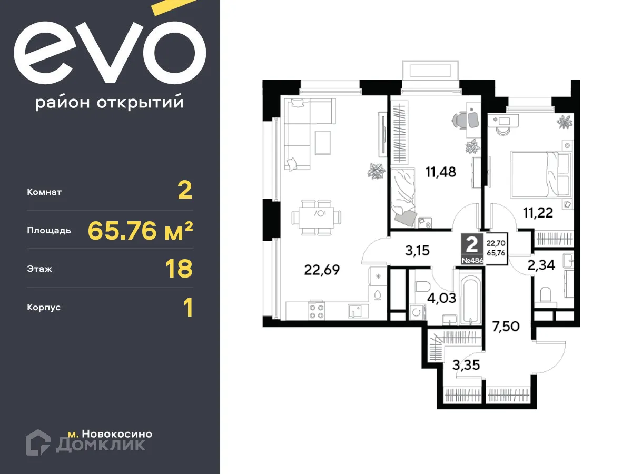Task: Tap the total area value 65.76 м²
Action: [x=140, y=230]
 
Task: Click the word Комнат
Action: [x=44, y=192]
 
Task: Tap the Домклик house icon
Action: [x=38, y=442]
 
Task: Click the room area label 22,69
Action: [x=322, y=270]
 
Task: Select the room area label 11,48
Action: [x=440, y=171]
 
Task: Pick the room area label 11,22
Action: [x=537, y=212]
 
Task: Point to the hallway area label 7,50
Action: [x=506, y=326]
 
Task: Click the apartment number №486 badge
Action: [x=472, y=260]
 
